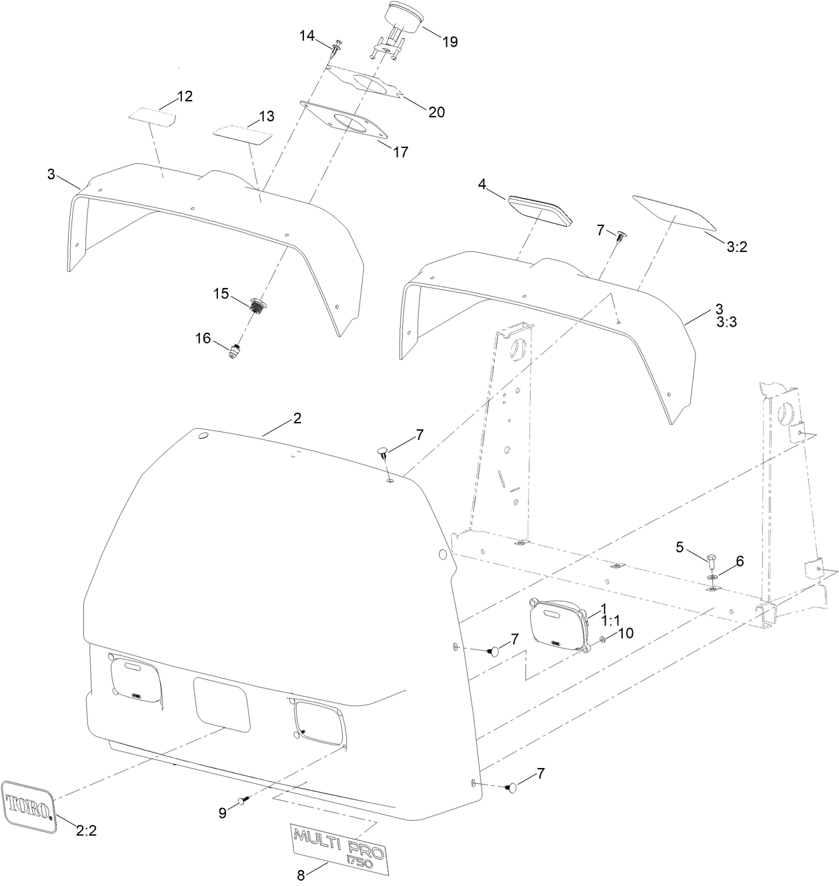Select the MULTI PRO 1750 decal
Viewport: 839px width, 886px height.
(342, 846)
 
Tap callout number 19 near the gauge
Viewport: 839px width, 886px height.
(450, 41)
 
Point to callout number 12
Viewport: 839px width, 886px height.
(185, 96)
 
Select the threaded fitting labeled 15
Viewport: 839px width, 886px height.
(257, 306)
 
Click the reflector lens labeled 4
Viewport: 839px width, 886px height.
(540, 210)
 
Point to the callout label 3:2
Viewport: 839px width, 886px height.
(737, 247)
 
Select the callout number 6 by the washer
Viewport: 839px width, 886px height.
(739, 562)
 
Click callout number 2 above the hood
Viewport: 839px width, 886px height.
(297, 419)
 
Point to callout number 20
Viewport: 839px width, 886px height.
(436, 112)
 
